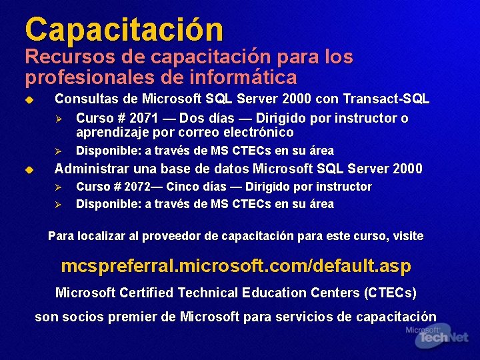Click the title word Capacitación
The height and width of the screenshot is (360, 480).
click(x=124, y=29)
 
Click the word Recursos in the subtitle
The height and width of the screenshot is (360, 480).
click(x=59, y=58)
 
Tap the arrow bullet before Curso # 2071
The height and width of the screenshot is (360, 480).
click(x=58, y=119)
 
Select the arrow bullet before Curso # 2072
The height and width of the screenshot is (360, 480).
click(x=58, y=187)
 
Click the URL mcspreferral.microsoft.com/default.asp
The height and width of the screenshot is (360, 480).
click(x=236, y=266)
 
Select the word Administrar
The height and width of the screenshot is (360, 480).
click(x=93, y=169)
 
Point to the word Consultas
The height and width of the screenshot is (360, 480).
click(x=86, y=99)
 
